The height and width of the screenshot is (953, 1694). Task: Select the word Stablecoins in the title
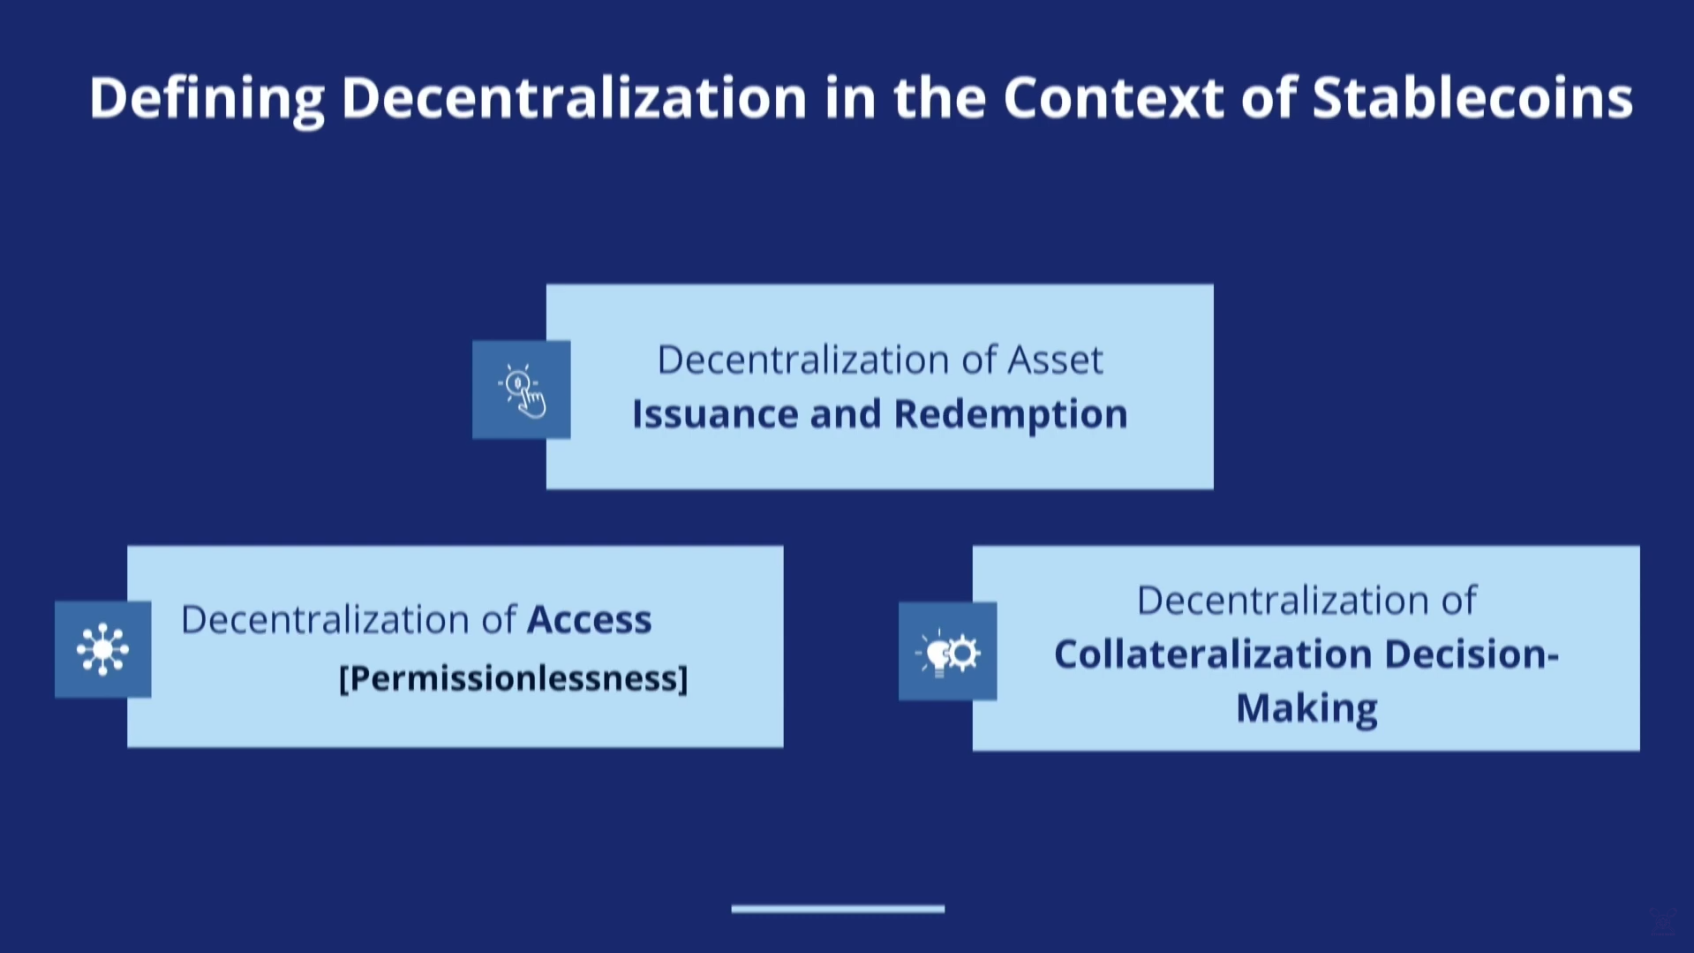tap(1472, 97)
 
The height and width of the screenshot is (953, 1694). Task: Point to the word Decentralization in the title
tap(574, 97)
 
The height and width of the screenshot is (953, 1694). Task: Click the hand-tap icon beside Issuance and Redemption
tap(522, 390)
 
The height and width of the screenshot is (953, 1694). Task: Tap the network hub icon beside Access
tap(103, 649)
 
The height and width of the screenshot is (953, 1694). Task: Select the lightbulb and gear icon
tap(948, 652)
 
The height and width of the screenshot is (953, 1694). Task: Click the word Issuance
tap(714, 413)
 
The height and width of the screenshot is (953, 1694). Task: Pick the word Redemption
tap(1011, 414)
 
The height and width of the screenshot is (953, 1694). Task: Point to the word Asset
tap(1055, 359)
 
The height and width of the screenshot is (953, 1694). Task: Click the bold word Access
tap(589, 620)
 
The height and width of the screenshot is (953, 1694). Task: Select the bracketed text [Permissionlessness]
tap(513, 678)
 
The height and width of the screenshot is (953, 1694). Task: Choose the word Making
tap(1306, 708)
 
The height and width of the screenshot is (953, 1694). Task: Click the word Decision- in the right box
tap(1472, 654)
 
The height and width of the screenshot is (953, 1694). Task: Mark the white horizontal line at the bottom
tap(838, 908)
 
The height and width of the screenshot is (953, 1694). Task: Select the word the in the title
tap(939, 98)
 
